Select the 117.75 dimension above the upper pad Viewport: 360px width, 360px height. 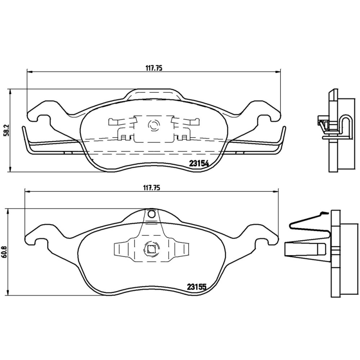(x=153, y=68)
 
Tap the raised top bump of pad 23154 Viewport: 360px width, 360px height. (x=154, y=93)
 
